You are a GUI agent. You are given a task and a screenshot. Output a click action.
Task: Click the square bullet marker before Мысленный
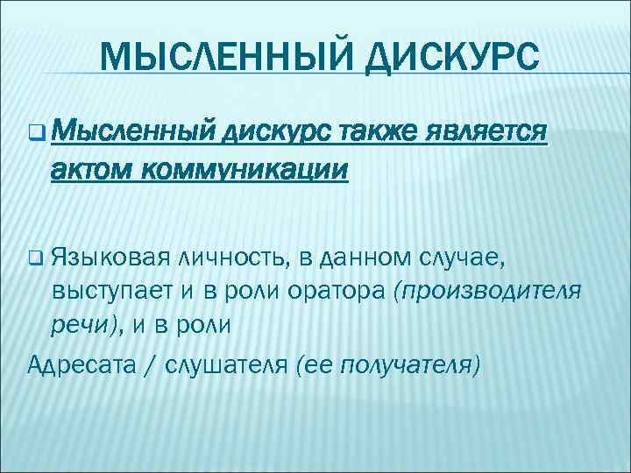tap(35, 135)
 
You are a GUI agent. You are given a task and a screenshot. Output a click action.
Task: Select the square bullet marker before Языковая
tap(35, 257)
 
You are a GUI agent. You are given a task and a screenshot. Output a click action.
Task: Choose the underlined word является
tap(486, 133)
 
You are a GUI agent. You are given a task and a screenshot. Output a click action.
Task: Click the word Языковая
tap(110, 257)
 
